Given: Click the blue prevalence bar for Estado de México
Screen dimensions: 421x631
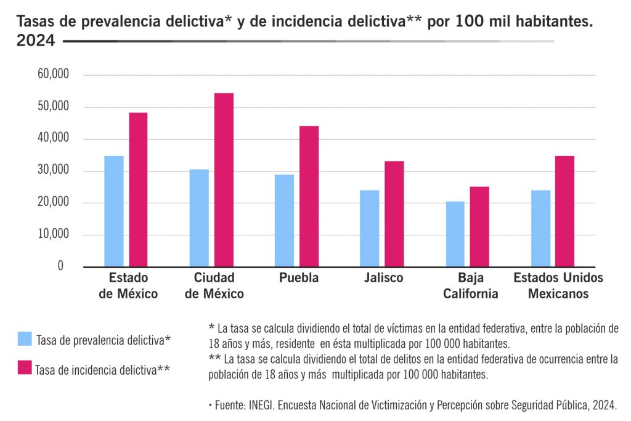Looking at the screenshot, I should pos(114,211).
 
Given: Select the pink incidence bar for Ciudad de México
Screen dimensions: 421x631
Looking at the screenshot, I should pos(224,179).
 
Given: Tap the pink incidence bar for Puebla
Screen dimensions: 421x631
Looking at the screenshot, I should pos(309,196).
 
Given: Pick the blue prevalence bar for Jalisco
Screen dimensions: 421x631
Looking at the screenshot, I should pos(370,228).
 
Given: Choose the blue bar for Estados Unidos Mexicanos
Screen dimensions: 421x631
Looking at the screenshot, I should pos(540,228).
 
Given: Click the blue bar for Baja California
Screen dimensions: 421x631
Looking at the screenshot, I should pos(455,234).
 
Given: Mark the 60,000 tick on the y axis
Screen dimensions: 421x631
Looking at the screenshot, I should pos(52,75).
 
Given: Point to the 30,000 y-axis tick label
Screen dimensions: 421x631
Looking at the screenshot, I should pos(52,171).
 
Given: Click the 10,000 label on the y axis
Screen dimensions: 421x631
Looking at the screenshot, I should pos(52,234).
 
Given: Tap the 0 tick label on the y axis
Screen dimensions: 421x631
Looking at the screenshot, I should pos(60,266).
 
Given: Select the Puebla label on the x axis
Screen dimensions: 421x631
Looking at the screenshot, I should pos(299,278).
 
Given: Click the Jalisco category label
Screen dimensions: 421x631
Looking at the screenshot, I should pos(383,278).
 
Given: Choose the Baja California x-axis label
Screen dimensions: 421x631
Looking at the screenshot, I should pos(471,285).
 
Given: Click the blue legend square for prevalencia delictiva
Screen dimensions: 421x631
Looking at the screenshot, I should pos(25,338).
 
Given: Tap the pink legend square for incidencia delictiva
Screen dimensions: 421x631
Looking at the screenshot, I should pos(25,368).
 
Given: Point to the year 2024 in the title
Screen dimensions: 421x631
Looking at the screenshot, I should pos(36,41).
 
